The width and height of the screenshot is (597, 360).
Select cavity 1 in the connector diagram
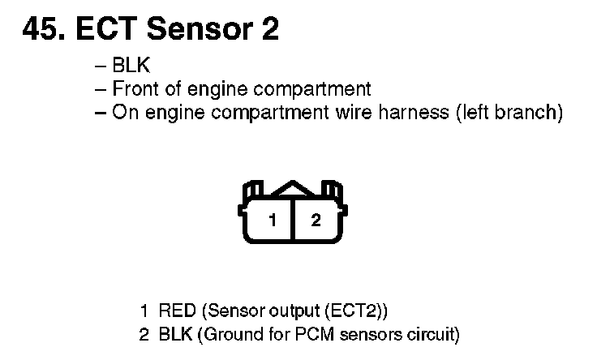click(x=273, y=221)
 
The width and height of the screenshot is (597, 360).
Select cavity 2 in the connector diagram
click(x=316, y=221)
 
